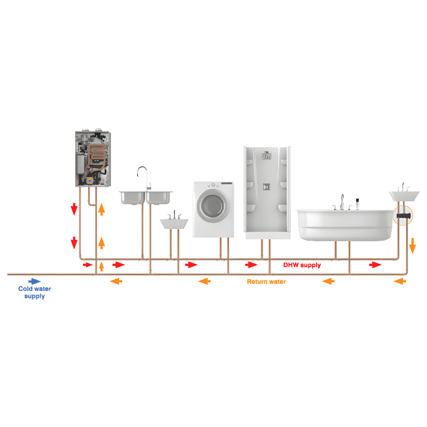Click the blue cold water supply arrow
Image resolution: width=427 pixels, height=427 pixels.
(34, 281)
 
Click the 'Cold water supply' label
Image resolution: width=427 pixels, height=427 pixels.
(35, 292)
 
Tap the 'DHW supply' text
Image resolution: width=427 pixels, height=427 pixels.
(302, 265)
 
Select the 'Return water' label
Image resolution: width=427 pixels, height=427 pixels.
(266, 282)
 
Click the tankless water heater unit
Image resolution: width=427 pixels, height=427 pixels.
(93, 159)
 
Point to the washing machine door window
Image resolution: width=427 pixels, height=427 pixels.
(213, 205)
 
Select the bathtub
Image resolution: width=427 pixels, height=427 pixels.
(345, 225)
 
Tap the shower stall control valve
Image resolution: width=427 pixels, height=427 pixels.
(266, 187)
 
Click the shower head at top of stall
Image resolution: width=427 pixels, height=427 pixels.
(266, 155)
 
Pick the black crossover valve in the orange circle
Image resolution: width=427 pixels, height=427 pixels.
(404, 216)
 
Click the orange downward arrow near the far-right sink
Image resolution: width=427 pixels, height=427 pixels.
(413, 246)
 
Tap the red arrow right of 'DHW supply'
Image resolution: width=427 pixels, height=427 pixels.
(375, 264)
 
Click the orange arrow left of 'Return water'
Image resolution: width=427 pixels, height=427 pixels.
(204, 281)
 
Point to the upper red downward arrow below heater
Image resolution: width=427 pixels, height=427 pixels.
(74, 209)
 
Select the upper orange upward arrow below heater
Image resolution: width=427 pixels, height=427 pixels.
(101, 209)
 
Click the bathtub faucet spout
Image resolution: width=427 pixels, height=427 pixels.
(342, 202)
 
